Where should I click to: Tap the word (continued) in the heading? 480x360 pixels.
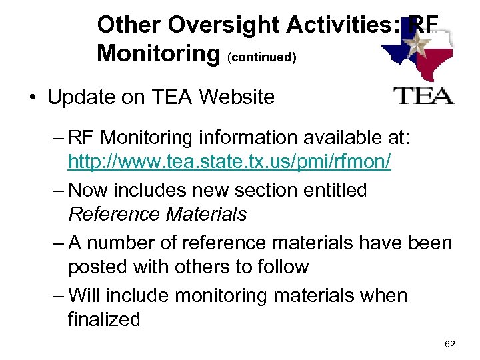(x=262, y=57)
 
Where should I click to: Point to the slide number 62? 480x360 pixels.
(x=449, y=344)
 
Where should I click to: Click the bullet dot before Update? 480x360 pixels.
(x=31, y=98)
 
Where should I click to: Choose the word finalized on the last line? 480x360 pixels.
(x=104, y=319)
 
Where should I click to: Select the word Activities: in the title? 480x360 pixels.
(x=343, y=25)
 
